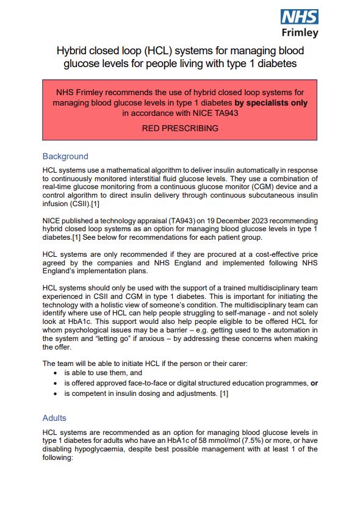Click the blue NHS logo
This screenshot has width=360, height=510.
point(299,16)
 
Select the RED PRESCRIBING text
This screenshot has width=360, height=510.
point(180,129)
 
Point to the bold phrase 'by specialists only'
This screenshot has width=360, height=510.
point(271,103)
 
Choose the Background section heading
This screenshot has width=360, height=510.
point(65,156)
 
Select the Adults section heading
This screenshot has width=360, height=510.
point(54,418)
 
